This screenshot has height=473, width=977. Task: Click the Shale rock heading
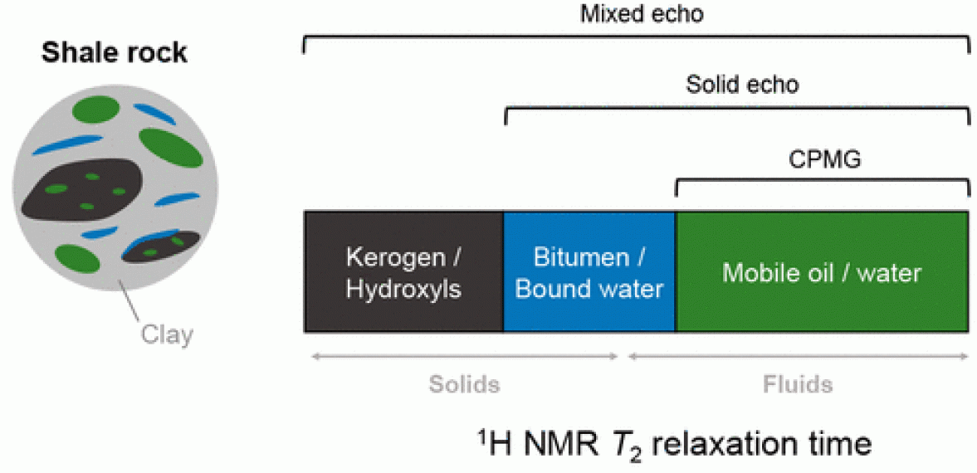115,53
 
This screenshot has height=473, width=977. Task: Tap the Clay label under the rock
166,334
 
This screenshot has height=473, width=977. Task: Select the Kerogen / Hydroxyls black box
403,272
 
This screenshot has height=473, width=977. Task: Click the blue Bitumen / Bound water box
589,272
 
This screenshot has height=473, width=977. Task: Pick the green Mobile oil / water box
822,272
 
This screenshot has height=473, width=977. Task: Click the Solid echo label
742,85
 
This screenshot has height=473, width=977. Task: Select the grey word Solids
465,385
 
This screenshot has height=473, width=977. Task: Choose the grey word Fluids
797,385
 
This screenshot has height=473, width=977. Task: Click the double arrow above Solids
465,357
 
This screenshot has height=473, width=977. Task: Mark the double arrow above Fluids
798,357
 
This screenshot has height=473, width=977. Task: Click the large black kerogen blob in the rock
83,188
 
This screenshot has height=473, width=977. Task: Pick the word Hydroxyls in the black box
403,289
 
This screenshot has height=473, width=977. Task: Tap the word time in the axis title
839,443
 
